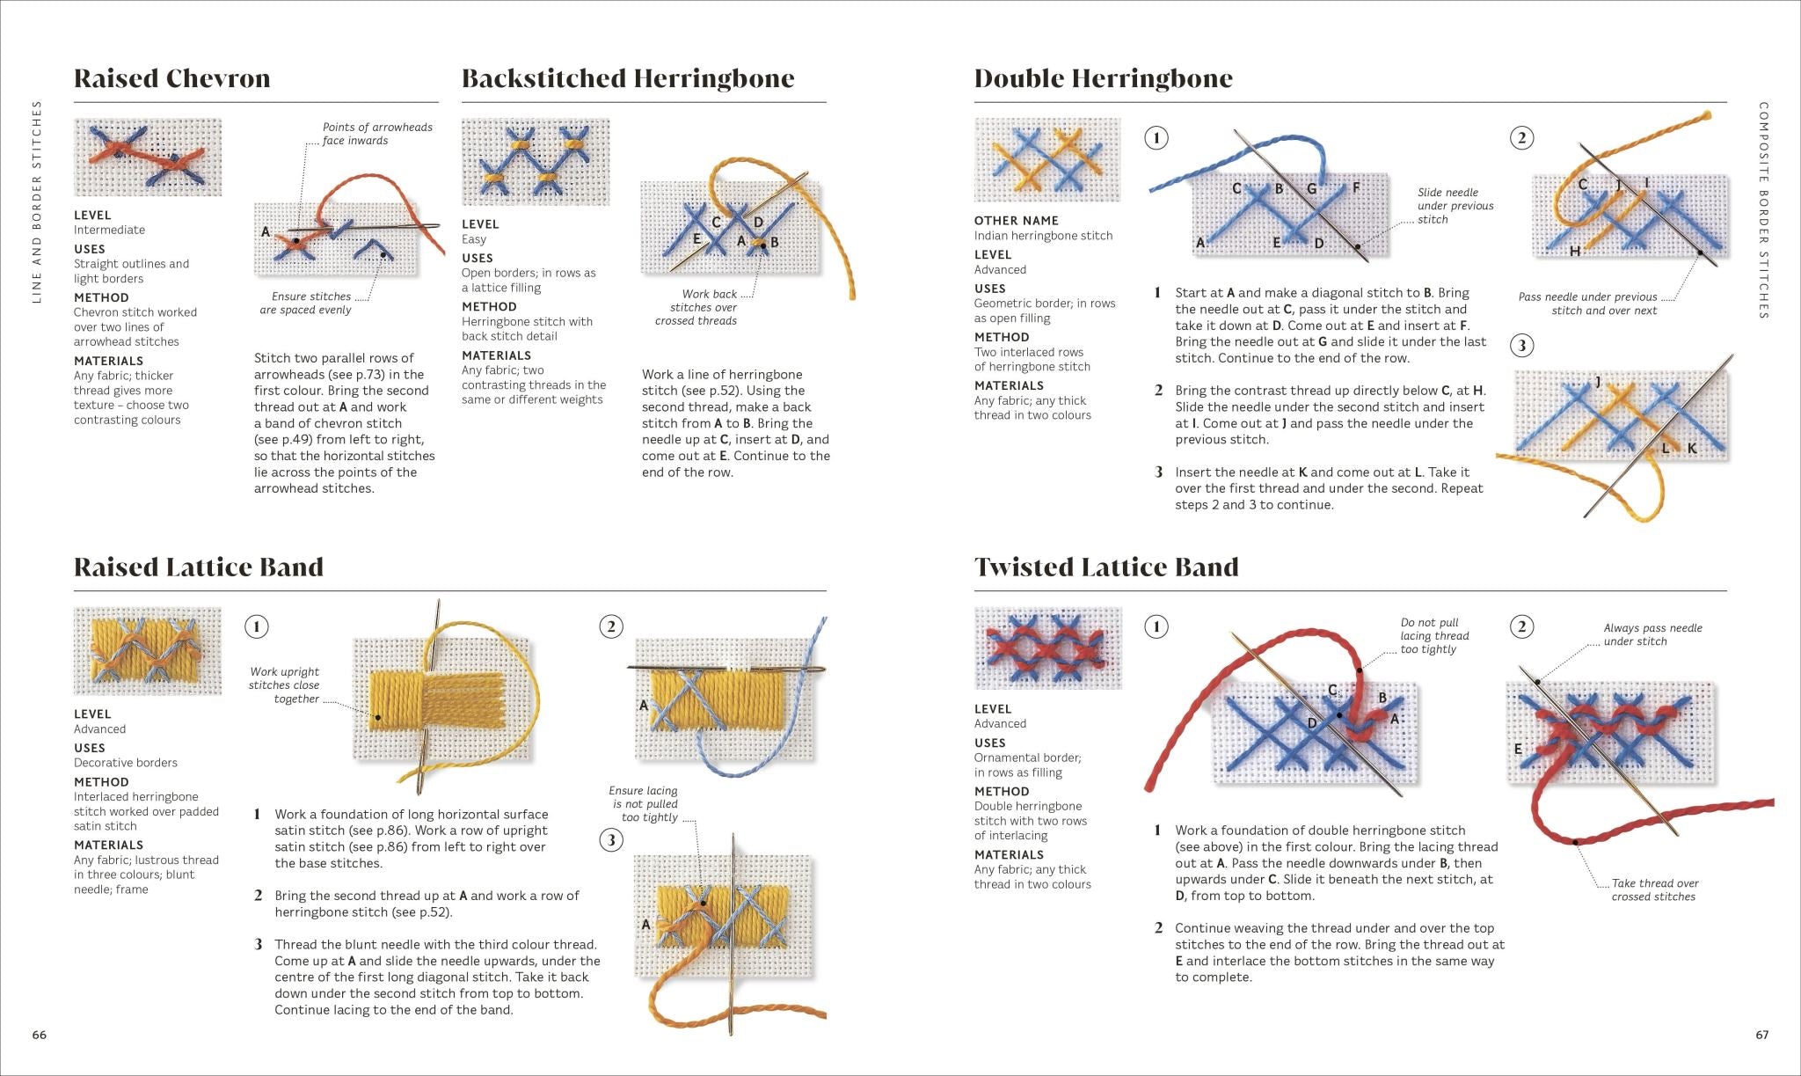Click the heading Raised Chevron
[171, 78]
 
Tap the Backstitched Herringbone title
[628, 78]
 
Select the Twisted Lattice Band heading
[1106, 567]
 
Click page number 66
[40, 1035]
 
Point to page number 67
[1761, 1035]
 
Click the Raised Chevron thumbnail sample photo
[148, 157]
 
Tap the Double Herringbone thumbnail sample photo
[1046, 159]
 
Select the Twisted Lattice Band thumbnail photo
[1047, 648]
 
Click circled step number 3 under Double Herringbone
[1522, 345]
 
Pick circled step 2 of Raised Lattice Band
[611, 626]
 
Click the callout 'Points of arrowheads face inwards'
[377, 134]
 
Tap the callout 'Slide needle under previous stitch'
[1455, 206]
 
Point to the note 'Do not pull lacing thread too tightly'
[1434, 635]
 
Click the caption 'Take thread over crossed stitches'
[1654, 889]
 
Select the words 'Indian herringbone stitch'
[1043, 236]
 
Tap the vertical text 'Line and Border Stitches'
[37, 201]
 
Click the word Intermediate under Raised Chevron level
[109, 230]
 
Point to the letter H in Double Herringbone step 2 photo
[1574, 252]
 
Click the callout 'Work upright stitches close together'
[284, 685]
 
